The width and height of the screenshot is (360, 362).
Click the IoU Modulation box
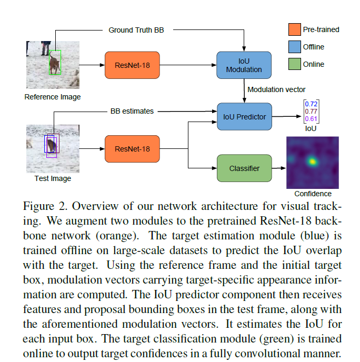click(x=244, y=65)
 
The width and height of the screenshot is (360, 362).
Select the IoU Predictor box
click(x=244, y=116)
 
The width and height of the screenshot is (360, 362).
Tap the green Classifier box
click(x=244, y=168)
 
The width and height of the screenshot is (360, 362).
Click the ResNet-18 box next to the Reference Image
click(x=132, y=65)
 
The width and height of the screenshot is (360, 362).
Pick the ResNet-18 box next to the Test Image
click(x=132, y=149)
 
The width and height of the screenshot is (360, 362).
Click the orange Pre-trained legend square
click(x=294, y=29)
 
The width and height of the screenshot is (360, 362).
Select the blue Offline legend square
click(x=294, y=47)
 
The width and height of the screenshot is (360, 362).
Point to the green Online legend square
click(x=294, y=64)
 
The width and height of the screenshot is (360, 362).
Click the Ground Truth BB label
click(x=136, y=30)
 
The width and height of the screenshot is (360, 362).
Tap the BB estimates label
click(x=132, y=111)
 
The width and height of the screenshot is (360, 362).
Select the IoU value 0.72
click(x=311, y=104)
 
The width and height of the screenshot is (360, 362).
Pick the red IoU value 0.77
click(x=311, y=112)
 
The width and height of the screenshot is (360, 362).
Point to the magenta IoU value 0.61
click(x=311, y=119)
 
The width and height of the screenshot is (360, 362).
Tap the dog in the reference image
click(x=54, y=64)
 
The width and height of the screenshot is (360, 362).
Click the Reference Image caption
click(x=53, y=97)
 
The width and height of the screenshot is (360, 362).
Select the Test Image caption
click(x=53, y=178)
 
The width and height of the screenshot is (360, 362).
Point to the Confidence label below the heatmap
click(x=313, y=193)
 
